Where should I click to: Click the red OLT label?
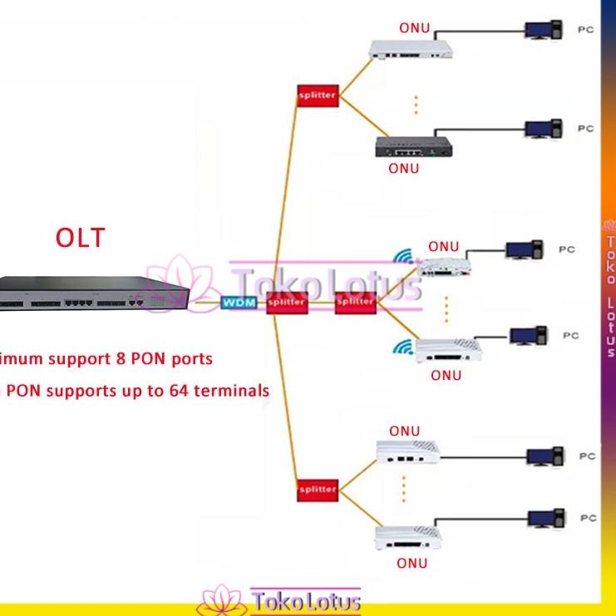pyautogui.click(x=81, y=238)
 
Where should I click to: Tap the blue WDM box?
pyautogui.click(x=238, y=303)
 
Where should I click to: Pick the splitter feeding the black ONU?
pyautogui.click(x=317, y=96)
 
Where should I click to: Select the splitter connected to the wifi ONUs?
pyautogui.click(x=355, y=302)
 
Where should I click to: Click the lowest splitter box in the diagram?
pyautogui.click(x=317, y=489)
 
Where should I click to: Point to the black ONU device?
pyautogui.click(x=412, y=147)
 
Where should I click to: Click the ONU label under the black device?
pyautogui.click(x=404, y=169)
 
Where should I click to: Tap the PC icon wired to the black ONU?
pyautogui.click(x=545, y=130)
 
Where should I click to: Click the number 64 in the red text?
pyautogui.click(x=176, y=389)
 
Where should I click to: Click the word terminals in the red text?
pyautogui.click(x=231, y=389)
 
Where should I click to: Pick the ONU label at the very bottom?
pyautogui.click(x=411, y=563)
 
